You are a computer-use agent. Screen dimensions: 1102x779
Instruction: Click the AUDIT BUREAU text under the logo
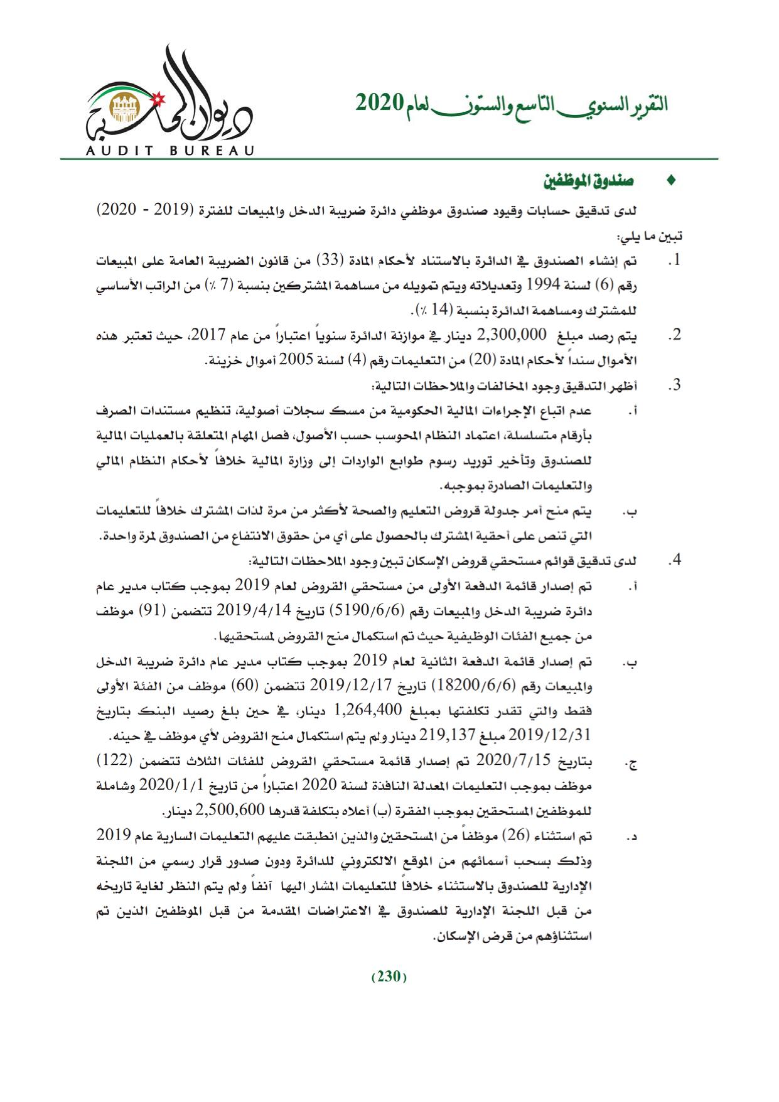[x=169, y=150]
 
